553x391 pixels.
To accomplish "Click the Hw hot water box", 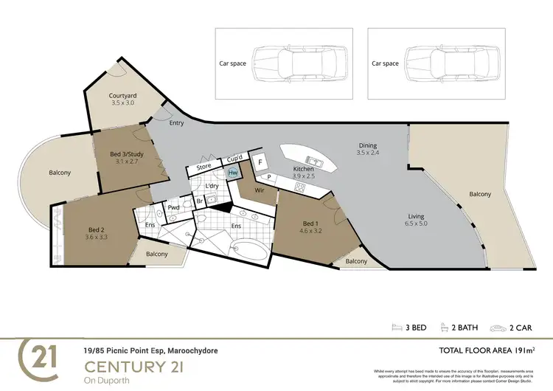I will coord(233,173).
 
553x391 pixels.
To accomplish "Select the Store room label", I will coord(204,167).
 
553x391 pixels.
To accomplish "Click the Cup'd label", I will coord(235,158).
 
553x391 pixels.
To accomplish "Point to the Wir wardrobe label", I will coord(260,190).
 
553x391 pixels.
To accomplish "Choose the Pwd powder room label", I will coord(174,208).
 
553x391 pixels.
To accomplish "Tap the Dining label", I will coord(367,145).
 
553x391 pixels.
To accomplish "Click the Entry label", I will coord(176,122).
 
